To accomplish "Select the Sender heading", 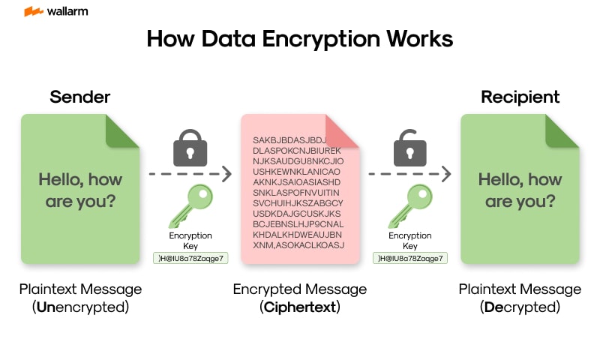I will click(x=79, y=97).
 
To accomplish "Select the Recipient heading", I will click(x=520, y=97).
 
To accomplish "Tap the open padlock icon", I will click(x=409, y=147).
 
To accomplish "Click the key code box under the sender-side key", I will click(x=190, y=258).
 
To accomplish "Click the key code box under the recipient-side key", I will click(x=409, y=258).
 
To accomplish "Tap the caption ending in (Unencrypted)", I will click(x=80, y=298).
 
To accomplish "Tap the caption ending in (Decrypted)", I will click(x=520, y=298).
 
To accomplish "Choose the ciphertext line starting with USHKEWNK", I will click(x=298, y=172).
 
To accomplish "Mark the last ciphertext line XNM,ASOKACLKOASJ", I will click(x=298, y=245).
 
